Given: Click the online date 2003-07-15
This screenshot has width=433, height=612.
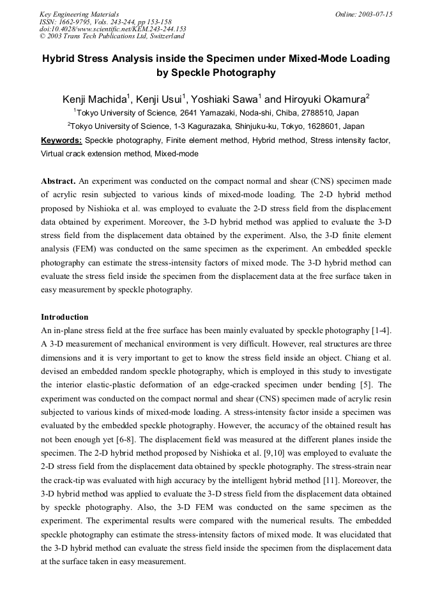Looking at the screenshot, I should (x=373, y=14).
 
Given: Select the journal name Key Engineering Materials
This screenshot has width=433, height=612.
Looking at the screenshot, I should (x=79, y=14).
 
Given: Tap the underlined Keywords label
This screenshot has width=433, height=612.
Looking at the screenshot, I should (x=61, y=140).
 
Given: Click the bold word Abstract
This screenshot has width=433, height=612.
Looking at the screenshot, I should (x=58, y=181).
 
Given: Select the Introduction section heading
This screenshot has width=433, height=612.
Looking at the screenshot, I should (x=65, y=317).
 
